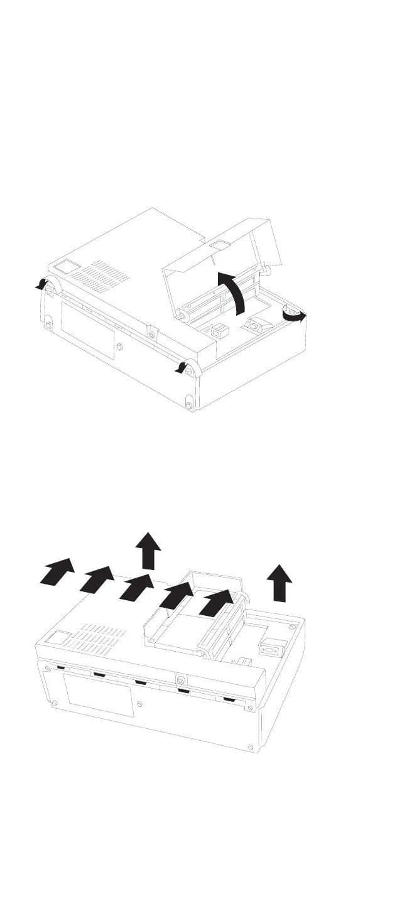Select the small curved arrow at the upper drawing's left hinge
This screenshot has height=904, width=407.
(41, 284)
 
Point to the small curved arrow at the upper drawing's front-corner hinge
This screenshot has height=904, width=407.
(182, 368)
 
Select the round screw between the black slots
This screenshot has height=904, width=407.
(181, 681)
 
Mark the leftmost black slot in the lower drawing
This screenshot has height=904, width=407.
(61, 668)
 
